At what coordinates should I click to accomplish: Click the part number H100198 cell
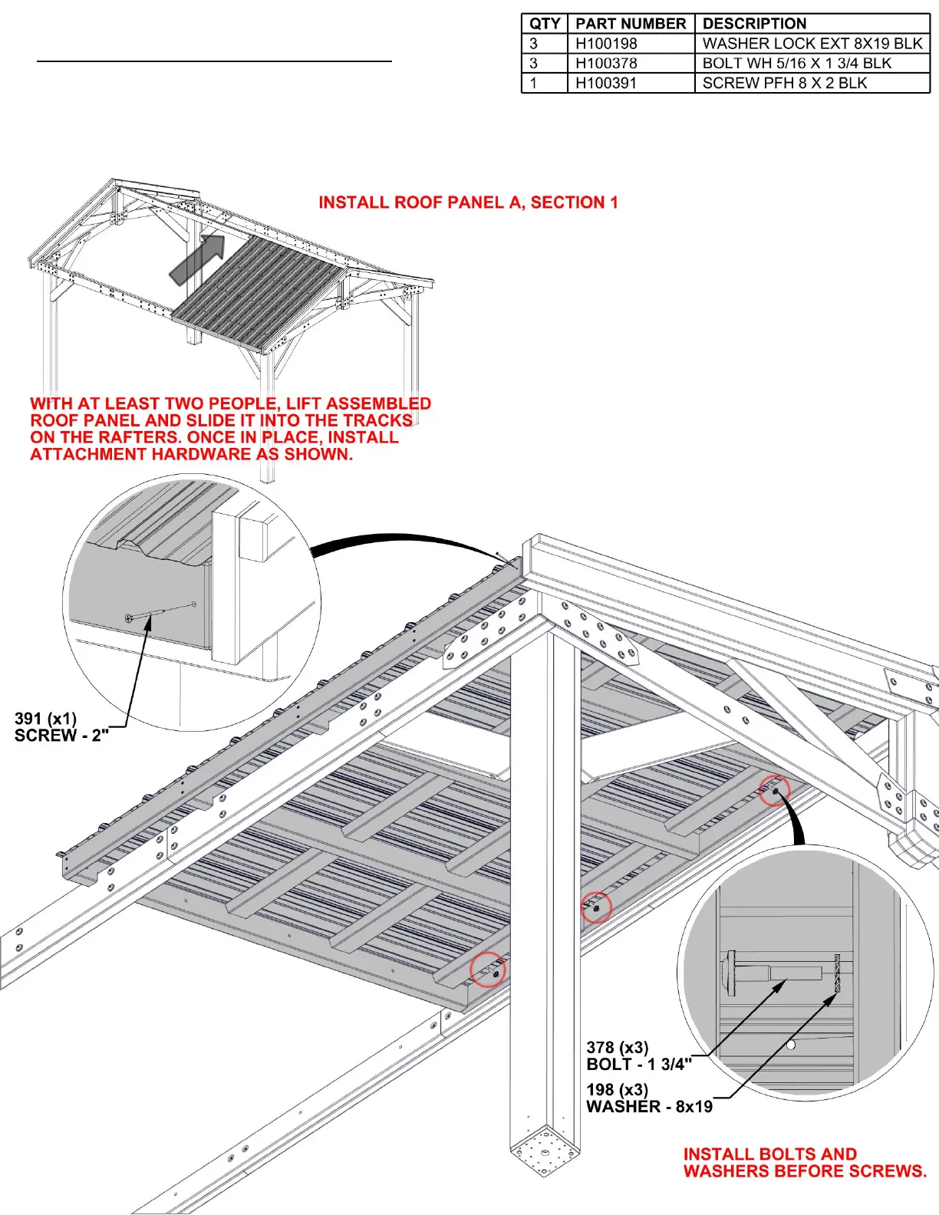coord(606,44)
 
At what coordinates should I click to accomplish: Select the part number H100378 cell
coord(606,64)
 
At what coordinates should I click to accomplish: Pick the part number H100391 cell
coord(606,83)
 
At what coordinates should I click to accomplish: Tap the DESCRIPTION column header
coord(754,24)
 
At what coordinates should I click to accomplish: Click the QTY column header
coord(545,24)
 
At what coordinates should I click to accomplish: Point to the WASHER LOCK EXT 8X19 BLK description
coord(812,44)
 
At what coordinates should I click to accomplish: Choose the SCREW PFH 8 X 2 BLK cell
coord(785,83)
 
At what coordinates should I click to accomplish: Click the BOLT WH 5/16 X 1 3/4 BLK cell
coord(797,64)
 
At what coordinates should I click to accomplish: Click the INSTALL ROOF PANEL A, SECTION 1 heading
coord(468,202)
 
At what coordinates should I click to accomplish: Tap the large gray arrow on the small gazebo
coord(197,259)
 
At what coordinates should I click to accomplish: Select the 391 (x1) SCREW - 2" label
coord(61,727)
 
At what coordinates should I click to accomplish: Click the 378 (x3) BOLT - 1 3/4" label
coord(639,1055)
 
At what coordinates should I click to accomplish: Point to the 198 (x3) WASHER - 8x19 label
coord(649,1098)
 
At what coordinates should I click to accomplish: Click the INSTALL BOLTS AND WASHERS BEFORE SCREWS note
coord(805,1162)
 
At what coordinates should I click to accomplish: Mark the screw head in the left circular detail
coord(129,617)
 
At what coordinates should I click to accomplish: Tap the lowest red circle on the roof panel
coord(488,969)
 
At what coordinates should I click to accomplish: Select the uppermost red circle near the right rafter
coord(774,790)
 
